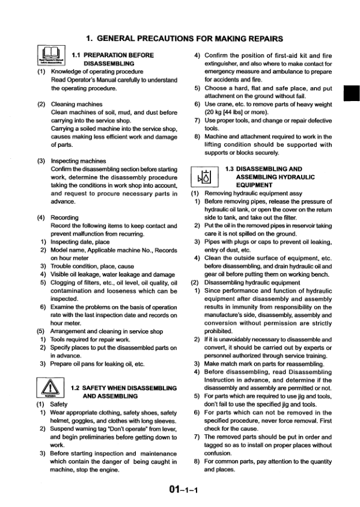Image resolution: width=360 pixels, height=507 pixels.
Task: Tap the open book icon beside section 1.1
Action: (49, 59)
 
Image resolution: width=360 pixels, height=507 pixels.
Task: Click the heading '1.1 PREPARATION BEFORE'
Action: (112, 55)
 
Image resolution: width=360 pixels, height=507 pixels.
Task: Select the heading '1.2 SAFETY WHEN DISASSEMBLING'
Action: (123, 388)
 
